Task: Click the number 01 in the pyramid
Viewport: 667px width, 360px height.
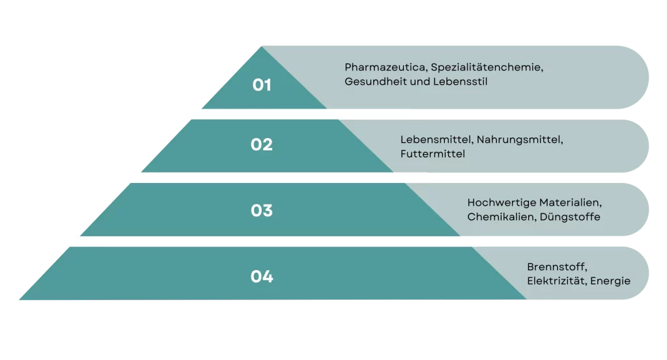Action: pos(262,85)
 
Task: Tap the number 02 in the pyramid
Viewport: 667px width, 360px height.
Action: pos(262,145)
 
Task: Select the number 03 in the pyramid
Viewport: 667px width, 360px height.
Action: pos(262,210)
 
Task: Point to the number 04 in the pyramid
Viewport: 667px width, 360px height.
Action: pos(262,277)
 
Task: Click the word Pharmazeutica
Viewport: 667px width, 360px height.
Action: pos(386,67)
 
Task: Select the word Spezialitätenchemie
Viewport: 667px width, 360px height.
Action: pos(487,68)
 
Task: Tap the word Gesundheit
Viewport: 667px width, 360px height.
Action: pos(373,81)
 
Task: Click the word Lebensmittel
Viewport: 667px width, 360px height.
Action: pos(436,140)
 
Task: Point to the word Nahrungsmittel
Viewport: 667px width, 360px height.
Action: pos(520,140)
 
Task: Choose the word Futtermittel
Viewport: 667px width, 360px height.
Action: pos(433,154)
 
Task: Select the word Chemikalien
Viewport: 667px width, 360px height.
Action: pos(502,217)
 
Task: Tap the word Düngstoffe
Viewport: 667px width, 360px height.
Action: pos(570,217)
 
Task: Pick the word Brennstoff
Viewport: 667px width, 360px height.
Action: pos(558,267)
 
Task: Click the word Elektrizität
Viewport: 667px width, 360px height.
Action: pos(556,281)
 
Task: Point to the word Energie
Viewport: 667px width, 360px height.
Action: pos(610,281)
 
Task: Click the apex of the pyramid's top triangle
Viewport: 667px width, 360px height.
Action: pos(262,46)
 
